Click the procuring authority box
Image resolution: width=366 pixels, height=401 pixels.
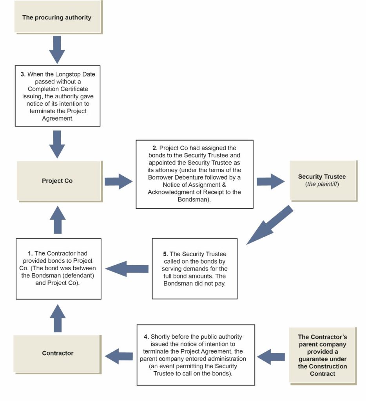pyautogui.click(x=58, y=17)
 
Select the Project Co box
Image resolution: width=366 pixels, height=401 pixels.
pyautogui.click(x=60, y=181)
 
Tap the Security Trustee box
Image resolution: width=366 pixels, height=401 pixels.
pyautogui.click(x=323, y=181)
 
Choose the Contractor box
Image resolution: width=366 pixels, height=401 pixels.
pyautogui.click(x=57, y=354)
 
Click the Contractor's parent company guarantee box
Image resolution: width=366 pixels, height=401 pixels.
pyautogui.click(x=323, y=356)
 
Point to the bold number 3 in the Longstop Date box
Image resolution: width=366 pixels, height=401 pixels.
pyautogui.click(x=23, y=74)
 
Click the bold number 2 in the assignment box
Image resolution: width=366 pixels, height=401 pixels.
pyautogui.click(x=155, y=148)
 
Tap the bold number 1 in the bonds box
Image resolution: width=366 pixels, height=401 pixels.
pyautogui.click(x=30, y=253)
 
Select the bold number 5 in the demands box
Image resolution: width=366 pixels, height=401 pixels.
pyautogui.click(x=165, y=254)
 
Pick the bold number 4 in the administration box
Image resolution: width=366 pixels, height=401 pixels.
pyautogui.click(x=146, y=336)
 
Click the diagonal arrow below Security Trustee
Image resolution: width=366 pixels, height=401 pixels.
pyautogui.click(x=270, y=225)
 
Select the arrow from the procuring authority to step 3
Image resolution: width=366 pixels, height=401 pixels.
pyautogui.click(x=57, y=50)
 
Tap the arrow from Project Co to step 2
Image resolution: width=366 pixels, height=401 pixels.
pyautogui.click(x=118, y=182)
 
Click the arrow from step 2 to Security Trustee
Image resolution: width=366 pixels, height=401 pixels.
pyautogui.click(x=270, y=182)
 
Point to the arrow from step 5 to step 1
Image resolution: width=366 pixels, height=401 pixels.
pyautogui.click(x=127, y=269)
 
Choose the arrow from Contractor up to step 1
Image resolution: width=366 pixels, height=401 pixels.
pyautogui.click(x=58, y=318)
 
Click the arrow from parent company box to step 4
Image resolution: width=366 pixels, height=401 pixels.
pyautogui.click(x=271, y=356)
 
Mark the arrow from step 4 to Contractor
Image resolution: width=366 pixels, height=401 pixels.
pyautogui.click(x=119, y=356)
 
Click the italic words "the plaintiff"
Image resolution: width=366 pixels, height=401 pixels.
pyautogui.click(x=322, y=184)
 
